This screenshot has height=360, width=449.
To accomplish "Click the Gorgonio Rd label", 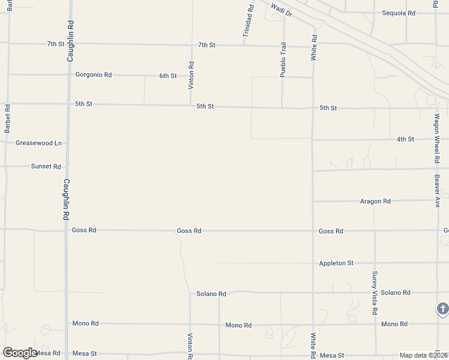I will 94,75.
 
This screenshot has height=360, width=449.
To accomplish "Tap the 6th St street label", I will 168,76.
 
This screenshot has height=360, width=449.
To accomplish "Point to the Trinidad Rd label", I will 249,22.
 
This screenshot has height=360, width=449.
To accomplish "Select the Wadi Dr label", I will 282,10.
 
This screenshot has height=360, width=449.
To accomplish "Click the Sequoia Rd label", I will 399,13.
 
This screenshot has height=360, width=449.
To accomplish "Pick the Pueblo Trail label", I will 283,59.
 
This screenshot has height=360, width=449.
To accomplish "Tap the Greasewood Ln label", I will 38,143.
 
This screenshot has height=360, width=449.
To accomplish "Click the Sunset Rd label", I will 46,166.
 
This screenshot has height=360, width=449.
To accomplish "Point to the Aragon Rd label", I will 375,202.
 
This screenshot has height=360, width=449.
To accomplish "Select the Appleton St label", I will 336,263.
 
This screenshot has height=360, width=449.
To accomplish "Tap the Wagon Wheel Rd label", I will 437,139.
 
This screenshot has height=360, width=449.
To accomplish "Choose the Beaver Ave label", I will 438,191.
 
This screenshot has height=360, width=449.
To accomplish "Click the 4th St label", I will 405,139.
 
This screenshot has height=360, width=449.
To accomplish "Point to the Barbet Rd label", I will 7,119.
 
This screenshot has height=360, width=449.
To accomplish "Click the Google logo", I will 19,353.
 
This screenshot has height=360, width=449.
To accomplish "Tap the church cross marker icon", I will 442,310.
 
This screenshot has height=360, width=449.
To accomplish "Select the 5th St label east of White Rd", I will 328,108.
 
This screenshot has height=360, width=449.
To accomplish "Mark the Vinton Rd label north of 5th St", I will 191,76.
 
